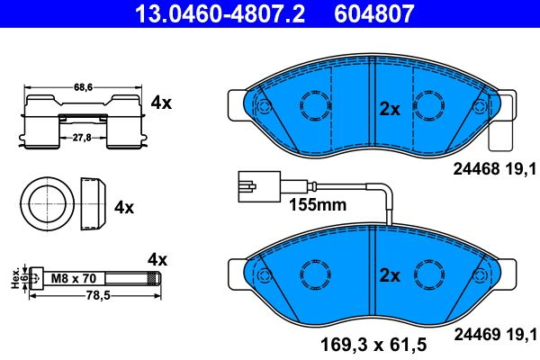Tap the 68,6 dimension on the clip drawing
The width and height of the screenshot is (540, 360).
[83, 87]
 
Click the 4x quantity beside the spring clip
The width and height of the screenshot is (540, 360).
[160, 103]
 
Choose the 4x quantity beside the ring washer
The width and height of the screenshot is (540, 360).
[124, 206]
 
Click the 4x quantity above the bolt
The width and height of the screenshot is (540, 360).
[157, 259]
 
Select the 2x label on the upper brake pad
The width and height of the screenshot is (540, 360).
[389, 108]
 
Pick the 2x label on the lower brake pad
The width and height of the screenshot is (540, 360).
[389, 274]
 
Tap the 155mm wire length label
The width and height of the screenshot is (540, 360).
[317, 204]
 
